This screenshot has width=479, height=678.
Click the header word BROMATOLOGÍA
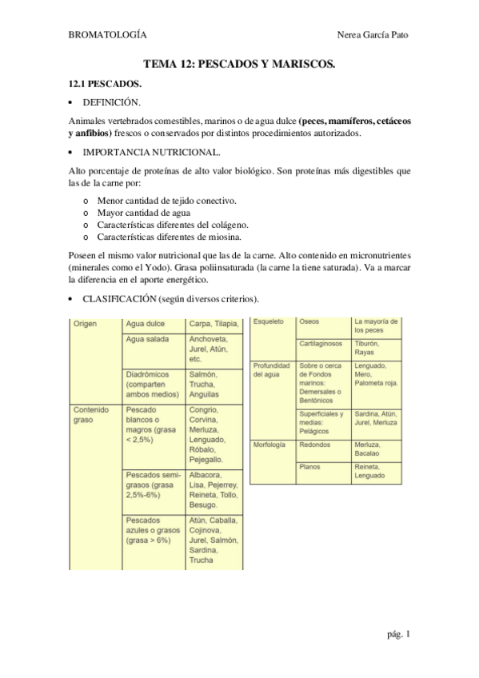pyautogui.click(x=107, y=35)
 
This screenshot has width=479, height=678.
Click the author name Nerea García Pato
pyautogui.click(x=375, y=35)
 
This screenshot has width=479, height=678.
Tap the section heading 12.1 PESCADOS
pyautogui.click(x=105, y=83)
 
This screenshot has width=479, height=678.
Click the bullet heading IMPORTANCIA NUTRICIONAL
pyautogui.click(x=140, y=152)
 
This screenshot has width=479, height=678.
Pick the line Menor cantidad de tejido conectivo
pyautogui.click(x=166, y=201)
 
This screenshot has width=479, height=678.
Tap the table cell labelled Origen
pyautogui.click(x=86, y=324)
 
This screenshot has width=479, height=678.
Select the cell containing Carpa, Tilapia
pyautogui.click(x=213, y=324)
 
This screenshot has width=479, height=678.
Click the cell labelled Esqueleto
pyautogui.click(x=268, y=321)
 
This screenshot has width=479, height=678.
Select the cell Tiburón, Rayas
pyautogui.click(x=367, y=348)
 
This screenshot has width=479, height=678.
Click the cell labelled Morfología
pyautogui.click(x=270, y=445)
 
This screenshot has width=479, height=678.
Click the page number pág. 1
pyautogui.click(x=398, y=634)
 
